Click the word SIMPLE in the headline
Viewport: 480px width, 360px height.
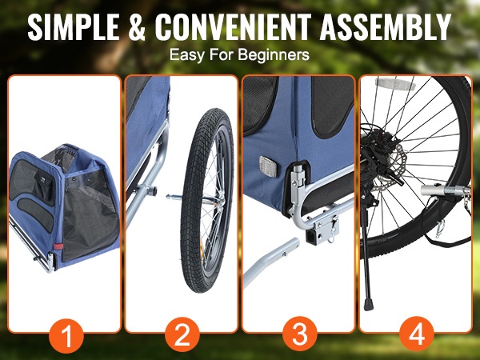74,27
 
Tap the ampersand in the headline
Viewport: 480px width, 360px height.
137,27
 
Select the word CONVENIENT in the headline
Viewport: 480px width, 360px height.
233,27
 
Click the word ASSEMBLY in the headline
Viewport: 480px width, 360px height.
386,27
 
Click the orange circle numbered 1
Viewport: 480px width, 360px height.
66,336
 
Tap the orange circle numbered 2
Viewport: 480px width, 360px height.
182,334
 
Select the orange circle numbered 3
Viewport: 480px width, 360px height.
300,334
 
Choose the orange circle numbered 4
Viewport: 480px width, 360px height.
417,334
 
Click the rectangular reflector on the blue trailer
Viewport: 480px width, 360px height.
268,166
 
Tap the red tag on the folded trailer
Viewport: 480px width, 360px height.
58,246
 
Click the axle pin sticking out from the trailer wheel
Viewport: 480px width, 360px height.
174,198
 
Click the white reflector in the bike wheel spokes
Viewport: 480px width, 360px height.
395,82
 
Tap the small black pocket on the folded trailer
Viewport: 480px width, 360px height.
44,186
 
